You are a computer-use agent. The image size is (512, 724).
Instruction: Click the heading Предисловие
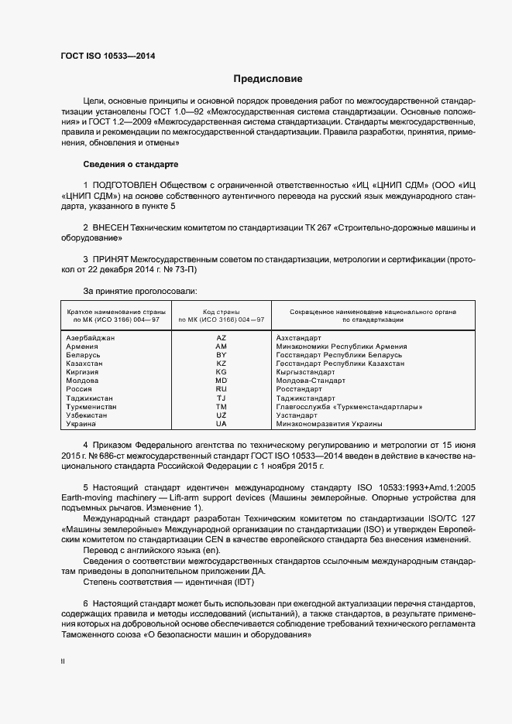click(x=269, y=79)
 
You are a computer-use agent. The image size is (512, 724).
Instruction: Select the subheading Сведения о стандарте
click(x=130, y=165)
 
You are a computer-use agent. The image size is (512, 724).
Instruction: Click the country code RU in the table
click(x=221, y=390)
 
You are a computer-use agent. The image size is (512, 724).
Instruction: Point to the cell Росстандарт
click(x=301, y=390)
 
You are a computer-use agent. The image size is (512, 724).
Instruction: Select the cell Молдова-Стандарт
click(x=310, y=381)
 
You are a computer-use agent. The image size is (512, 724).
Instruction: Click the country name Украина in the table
click(x=81, y=424)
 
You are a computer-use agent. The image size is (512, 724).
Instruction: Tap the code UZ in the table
click(x=221, y=415)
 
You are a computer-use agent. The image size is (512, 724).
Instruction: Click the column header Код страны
click(x=221, y=311)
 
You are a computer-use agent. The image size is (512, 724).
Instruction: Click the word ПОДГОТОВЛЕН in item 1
click(x=125, y=186)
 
